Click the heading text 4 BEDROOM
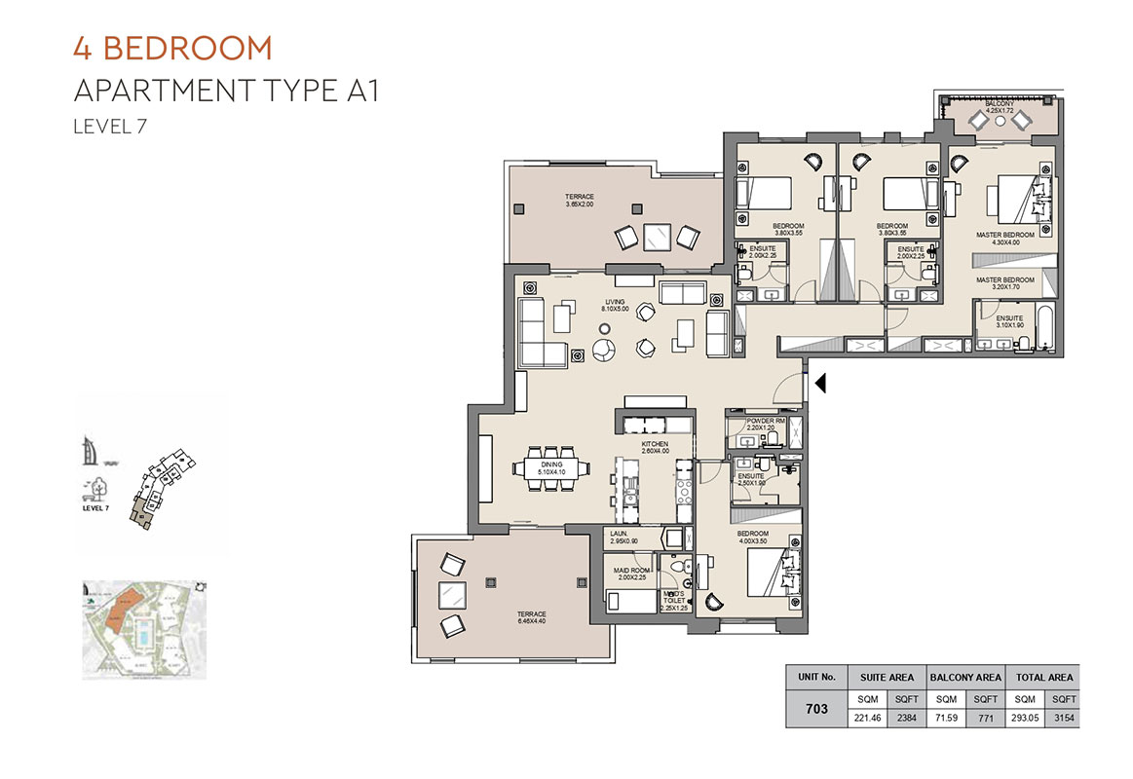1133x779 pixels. (172, 48)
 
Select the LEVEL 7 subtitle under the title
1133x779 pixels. (110, 125)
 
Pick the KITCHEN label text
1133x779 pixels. (655, 446)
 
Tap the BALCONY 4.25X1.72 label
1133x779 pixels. (1001, 107)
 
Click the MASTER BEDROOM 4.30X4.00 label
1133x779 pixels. (1005, 239)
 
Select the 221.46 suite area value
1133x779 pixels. (866, 718)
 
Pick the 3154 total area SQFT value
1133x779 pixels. (1064, 718)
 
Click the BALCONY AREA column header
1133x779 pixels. (964, 677)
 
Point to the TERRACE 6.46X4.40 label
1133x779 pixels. (532, 617)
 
